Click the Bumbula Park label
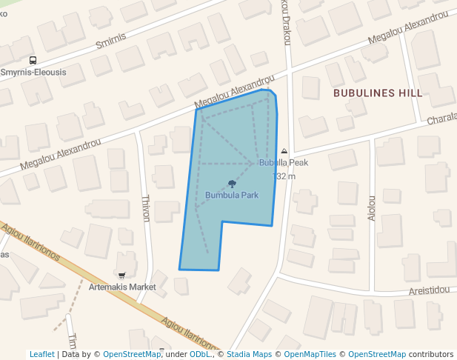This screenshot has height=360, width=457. pyautogui.click(x=232, y=196)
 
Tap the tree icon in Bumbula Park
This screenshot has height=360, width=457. pyautogui.click(x=232, y=184)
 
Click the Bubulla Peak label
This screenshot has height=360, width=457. pyautogui.click(x=284, y=162)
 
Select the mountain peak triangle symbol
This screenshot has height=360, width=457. pyautogui.click(x=284, y=151)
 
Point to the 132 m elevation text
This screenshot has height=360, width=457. pyautogui.click(x=284, y=176)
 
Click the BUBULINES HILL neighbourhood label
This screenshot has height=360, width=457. pyautogui.click(x=378, y=93)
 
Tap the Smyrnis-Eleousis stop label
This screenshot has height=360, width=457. pyautogui.click(x=33, y=73)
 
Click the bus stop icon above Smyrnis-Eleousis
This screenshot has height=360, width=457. pyautogui.click(x=33, y=60)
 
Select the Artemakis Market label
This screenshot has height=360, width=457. pyautogui.click(x=122, y=287)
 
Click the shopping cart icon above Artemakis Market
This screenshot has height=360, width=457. pyautogui.click(x=121, y=276)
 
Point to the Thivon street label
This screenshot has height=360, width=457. pyautogui.click(x=146, y=208)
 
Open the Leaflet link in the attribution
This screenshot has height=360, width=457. pyautogui.click(x=41, y=354)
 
